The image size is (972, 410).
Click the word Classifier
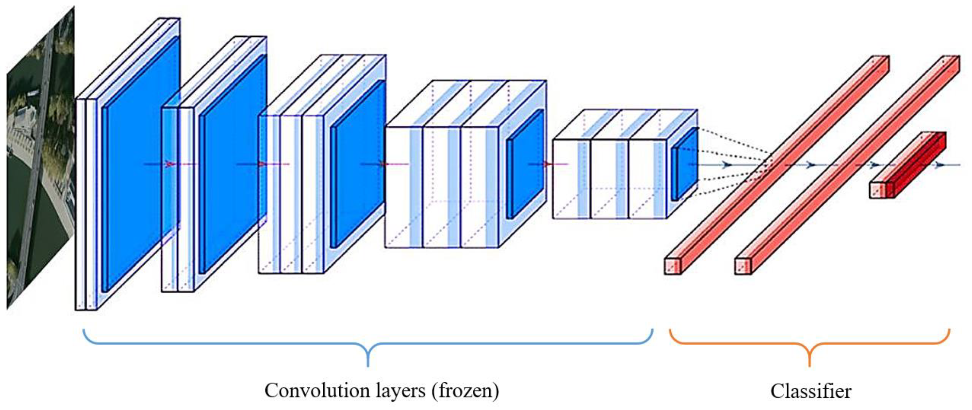(811, 391)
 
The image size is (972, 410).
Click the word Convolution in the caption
(317, 390)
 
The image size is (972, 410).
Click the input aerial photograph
(40, 158)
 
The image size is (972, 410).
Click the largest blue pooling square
(140, 166)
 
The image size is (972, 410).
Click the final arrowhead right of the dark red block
(939, 165)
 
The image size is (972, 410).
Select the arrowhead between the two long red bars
(810, 165)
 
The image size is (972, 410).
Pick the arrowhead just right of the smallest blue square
(726, 165)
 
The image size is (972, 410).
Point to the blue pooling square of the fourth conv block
(525, 164)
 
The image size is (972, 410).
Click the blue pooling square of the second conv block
(233, 164)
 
